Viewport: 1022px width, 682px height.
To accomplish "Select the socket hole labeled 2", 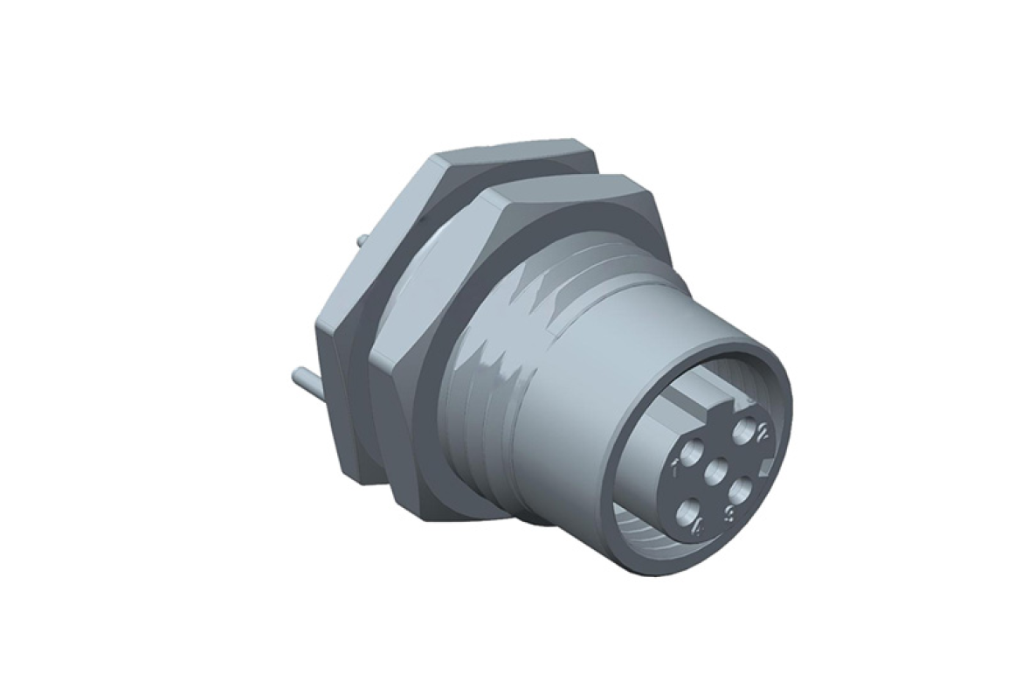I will coord(746,429).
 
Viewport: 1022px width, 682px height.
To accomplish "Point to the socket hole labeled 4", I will coord(689,507).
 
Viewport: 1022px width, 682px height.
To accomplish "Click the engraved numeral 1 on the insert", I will coord(675,468).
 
